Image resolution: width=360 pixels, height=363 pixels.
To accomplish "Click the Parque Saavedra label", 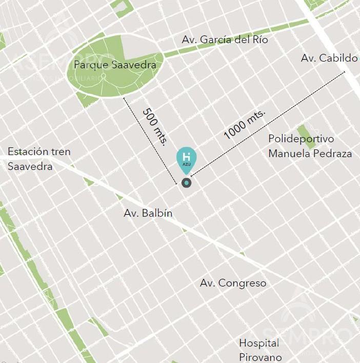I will (x=114, y=65).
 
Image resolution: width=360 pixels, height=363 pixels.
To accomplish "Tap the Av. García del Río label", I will (x=225, y=40).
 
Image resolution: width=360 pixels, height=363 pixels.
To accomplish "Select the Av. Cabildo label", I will (x=329, y=58).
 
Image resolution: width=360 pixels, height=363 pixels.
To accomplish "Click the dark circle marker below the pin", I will (x=186, y=182).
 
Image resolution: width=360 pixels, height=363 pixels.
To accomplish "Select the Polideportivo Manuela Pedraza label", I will (x=310, y=146).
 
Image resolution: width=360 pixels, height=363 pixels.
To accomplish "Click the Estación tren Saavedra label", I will (x=39, y=159).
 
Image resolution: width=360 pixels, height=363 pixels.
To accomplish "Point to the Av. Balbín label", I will (x=148, y=214).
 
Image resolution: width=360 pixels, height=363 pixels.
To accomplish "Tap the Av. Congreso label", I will (x=233, y=283).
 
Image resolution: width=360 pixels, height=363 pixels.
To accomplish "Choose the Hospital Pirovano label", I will (x=260, y=350).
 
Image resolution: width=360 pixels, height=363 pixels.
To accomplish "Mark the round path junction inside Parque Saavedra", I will (x=104, y=76).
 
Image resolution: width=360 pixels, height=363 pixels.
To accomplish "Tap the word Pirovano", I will (x=260, y=356).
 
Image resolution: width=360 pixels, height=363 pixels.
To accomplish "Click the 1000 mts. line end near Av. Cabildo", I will (x=345, y=73).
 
